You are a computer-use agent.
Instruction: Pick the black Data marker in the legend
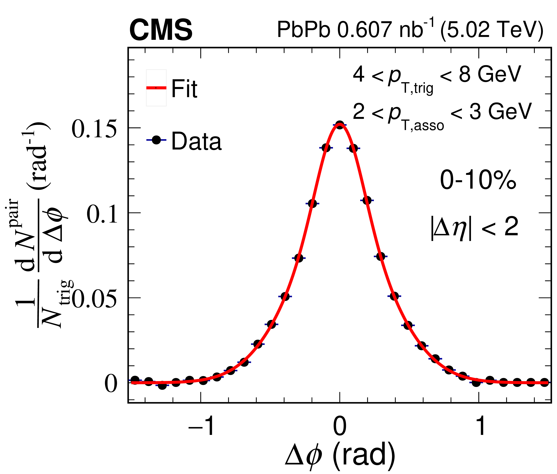click(156, 140)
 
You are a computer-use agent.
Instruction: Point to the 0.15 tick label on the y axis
click(94, 129)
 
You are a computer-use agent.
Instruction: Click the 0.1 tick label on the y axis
click(102, 214)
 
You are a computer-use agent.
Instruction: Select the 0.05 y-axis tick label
click(94, 299)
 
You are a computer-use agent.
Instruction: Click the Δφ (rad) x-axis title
click(340, 457)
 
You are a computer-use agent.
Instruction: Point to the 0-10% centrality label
click(478, 180)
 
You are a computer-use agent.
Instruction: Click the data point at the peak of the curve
click(340, 125)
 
